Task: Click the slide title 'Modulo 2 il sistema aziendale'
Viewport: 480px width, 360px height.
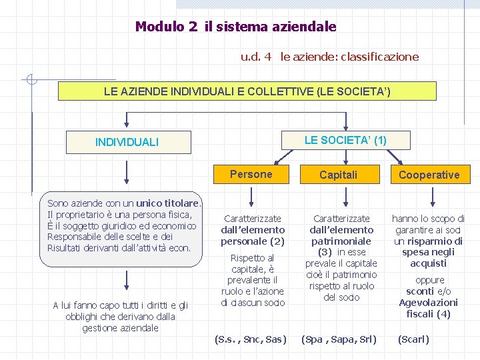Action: click(235, 27)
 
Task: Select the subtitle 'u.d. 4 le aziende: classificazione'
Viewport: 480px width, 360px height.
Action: click(329, 57)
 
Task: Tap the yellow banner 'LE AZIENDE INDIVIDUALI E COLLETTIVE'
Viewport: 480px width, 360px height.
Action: click(247, 91)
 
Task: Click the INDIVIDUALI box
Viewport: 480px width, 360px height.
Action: click(127, 142)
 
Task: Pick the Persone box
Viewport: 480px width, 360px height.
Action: click(251, 175)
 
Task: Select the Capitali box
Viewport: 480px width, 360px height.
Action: click(338, 175)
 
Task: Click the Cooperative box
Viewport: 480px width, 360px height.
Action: click(429, 175)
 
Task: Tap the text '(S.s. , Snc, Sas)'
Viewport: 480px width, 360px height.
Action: click(250, 339)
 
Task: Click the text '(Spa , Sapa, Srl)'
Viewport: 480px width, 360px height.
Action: click(339, 339)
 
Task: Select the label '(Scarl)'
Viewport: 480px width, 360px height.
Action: click(413, 339)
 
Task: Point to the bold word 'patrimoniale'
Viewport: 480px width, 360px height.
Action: click(341, 241)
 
